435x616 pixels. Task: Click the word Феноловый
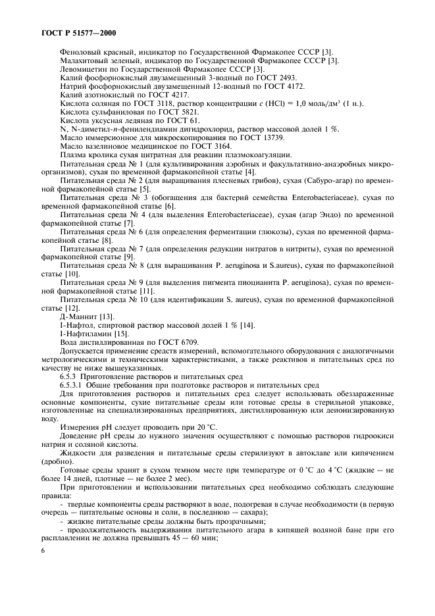[82, 53]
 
